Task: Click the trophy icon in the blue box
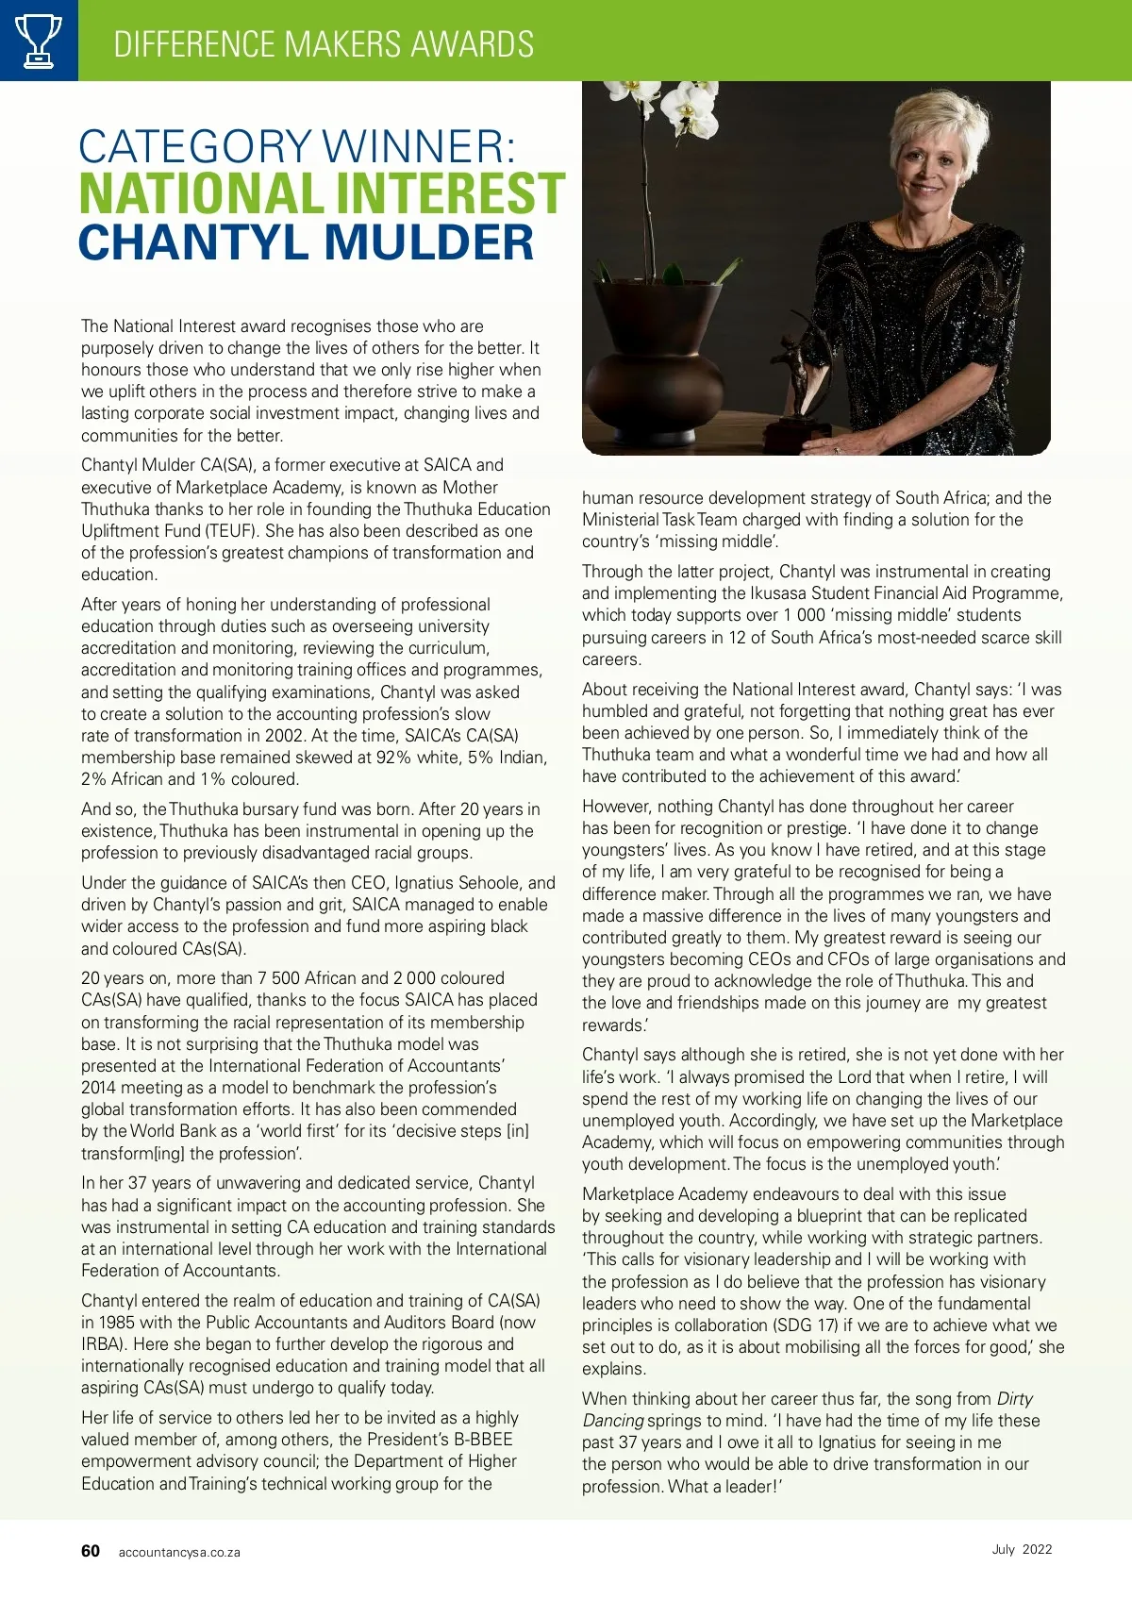pos(39,41)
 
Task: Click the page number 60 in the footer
pos(91,1551)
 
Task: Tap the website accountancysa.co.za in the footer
pos(179,1552)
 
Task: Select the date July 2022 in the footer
pos(1022,1549)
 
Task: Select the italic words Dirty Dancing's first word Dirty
pos(1014,1398)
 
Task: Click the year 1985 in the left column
pos(117,1323)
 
